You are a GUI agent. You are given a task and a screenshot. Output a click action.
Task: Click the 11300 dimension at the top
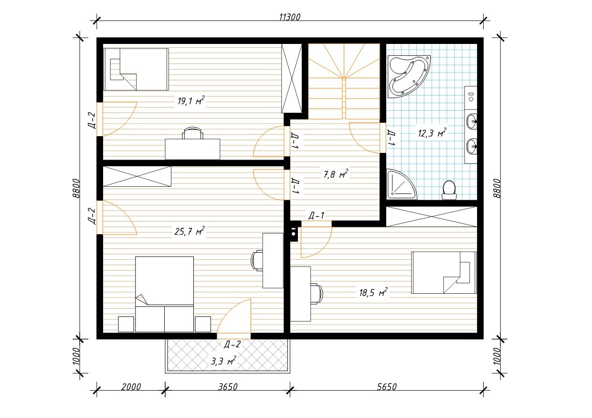290,17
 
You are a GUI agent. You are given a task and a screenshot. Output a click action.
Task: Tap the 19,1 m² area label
191,100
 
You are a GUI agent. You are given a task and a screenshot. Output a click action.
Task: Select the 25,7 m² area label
190,231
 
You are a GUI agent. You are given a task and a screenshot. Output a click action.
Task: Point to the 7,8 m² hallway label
336,174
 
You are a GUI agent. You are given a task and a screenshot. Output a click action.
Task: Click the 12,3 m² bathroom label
432,133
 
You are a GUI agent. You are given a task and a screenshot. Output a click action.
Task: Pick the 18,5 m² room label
373,292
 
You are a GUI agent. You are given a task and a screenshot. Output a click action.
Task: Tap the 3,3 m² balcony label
223,361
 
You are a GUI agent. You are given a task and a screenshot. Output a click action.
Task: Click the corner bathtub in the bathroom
409,76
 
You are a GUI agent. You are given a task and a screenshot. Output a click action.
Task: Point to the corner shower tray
401,185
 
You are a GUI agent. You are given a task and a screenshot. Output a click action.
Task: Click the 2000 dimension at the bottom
131,387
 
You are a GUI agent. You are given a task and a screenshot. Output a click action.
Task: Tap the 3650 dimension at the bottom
228,387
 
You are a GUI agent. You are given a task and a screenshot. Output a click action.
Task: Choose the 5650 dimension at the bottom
387,387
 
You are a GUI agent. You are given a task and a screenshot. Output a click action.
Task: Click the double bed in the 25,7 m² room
164,294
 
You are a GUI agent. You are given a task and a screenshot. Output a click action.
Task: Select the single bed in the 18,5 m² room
444,272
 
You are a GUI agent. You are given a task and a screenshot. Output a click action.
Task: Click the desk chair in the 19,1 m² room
193,133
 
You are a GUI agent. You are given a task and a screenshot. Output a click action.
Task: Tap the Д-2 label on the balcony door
233,344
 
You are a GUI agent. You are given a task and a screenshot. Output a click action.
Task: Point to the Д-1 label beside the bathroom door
391,138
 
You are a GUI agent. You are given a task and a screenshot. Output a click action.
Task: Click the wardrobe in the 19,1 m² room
292,78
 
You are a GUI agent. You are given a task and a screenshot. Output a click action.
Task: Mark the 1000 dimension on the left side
76,356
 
